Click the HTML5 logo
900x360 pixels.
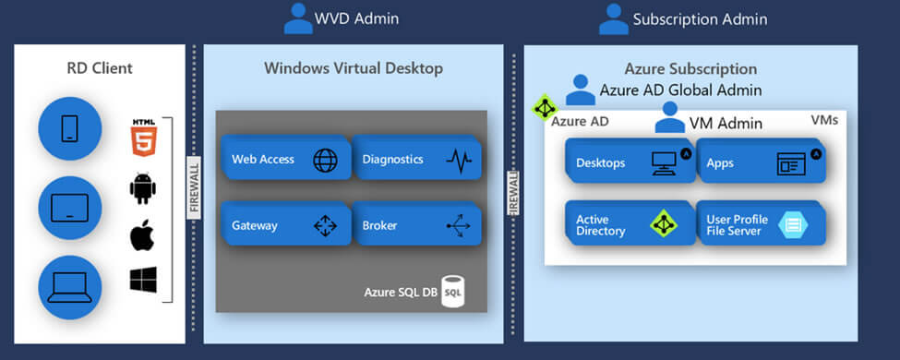click(142, 135)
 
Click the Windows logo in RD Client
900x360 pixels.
click(142, 281)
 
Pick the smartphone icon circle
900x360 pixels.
click(69, 127)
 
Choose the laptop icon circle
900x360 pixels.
click(69, 287)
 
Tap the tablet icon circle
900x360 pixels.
click(69, 208)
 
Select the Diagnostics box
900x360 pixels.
click(416, 159)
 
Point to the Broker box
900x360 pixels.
click(416, 224)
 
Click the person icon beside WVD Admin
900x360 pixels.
click(298, 18)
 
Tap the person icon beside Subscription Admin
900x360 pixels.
click(613, 18)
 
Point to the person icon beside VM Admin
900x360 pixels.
click(670, 118)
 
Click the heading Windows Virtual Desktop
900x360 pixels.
click(354, 68)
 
